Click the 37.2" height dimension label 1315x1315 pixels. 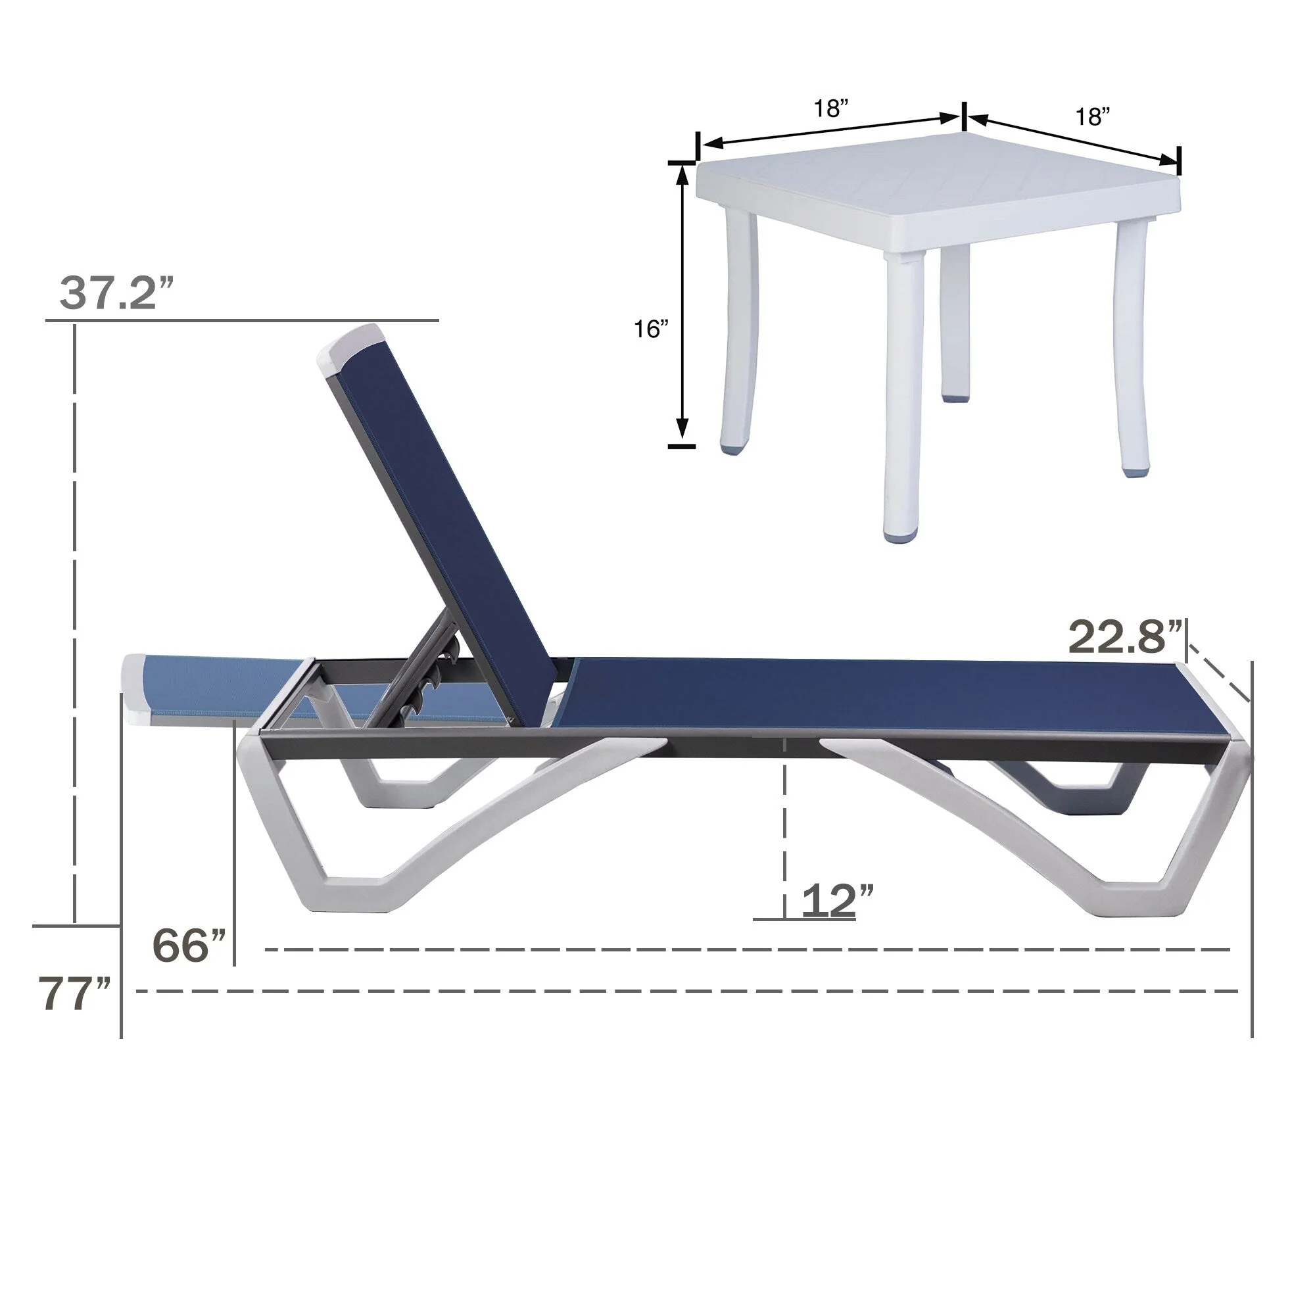click(x=118, y=293)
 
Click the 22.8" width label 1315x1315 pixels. click(x=1125, y=638)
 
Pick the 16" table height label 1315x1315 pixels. click(x=652, y=330)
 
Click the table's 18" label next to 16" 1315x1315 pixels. click(x=831, y=109)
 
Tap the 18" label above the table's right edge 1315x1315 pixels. click(x=1092, y=117)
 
